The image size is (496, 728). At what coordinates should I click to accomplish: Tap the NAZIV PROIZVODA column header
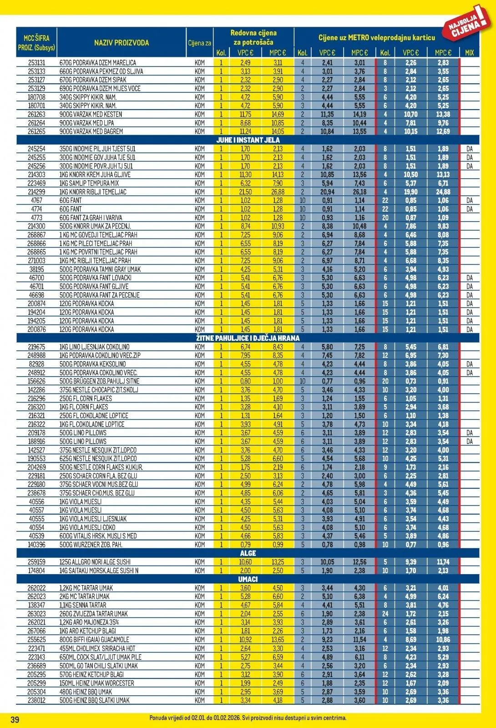(x=121, y=43)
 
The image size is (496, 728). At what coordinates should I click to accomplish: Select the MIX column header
(x=469, y=53)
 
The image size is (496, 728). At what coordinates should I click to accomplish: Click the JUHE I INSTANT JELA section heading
(x=248, y=140)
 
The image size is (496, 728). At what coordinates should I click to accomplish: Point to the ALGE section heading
(x=248, y=553)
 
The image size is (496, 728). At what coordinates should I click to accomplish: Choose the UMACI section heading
(x=248, y=579)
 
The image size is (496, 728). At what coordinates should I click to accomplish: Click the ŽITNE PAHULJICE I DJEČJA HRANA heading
(x=248, y=338)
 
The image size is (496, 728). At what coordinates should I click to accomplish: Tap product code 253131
(x=36, y=63)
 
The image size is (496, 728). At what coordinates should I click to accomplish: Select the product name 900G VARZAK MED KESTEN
(x=91, y=114)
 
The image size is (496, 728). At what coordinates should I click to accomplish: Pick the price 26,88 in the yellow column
(x=278, y=192)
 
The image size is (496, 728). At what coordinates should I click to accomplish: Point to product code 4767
(x=36, y=201)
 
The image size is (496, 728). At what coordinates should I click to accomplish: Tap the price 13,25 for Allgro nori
(x=278, y=562)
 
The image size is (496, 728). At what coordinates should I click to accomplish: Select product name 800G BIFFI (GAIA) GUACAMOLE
(x=94, y=640)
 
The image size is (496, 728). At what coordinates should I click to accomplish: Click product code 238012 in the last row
(x=36, y=700)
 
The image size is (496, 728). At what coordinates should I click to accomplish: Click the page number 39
(x=15, y=719)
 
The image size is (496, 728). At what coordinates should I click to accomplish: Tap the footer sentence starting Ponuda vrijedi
(x=248, y=718)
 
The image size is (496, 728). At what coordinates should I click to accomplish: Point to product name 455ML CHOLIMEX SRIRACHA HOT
(x=97, y=648)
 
